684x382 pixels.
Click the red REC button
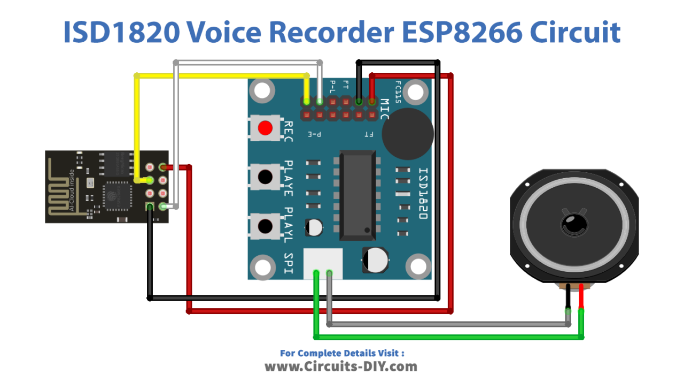(265, 128)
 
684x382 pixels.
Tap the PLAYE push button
(265, 176)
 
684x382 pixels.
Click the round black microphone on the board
(408, 133)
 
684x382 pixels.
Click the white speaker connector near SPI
(323, 264)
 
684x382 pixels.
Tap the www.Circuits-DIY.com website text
(341, 366)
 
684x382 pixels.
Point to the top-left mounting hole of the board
(262, 91)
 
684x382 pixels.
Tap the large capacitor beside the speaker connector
(376, 259)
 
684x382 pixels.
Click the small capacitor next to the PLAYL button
(314, 227)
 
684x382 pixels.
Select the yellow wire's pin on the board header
(306, 101)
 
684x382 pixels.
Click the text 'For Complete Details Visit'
(342, 353)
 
